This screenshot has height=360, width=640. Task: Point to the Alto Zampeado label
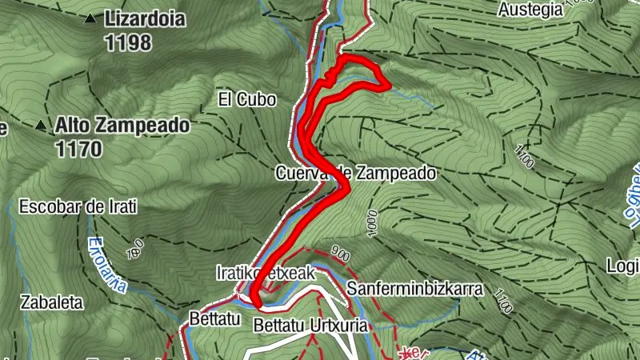122,126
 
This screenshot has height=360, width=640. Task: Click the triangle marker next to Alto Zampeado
41,125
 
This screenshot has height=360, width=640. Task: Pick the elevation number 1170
79,148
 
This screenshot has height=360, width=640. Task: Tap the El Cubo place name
246,100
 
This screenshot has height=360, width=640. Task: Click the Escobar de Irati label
77,206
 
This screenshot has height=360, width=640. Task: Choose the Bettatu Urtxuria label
310,326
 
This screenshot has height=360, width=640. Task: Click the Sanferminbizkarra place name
415,289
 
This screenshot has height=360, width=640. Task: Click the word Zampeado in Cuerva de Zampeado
394,173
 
